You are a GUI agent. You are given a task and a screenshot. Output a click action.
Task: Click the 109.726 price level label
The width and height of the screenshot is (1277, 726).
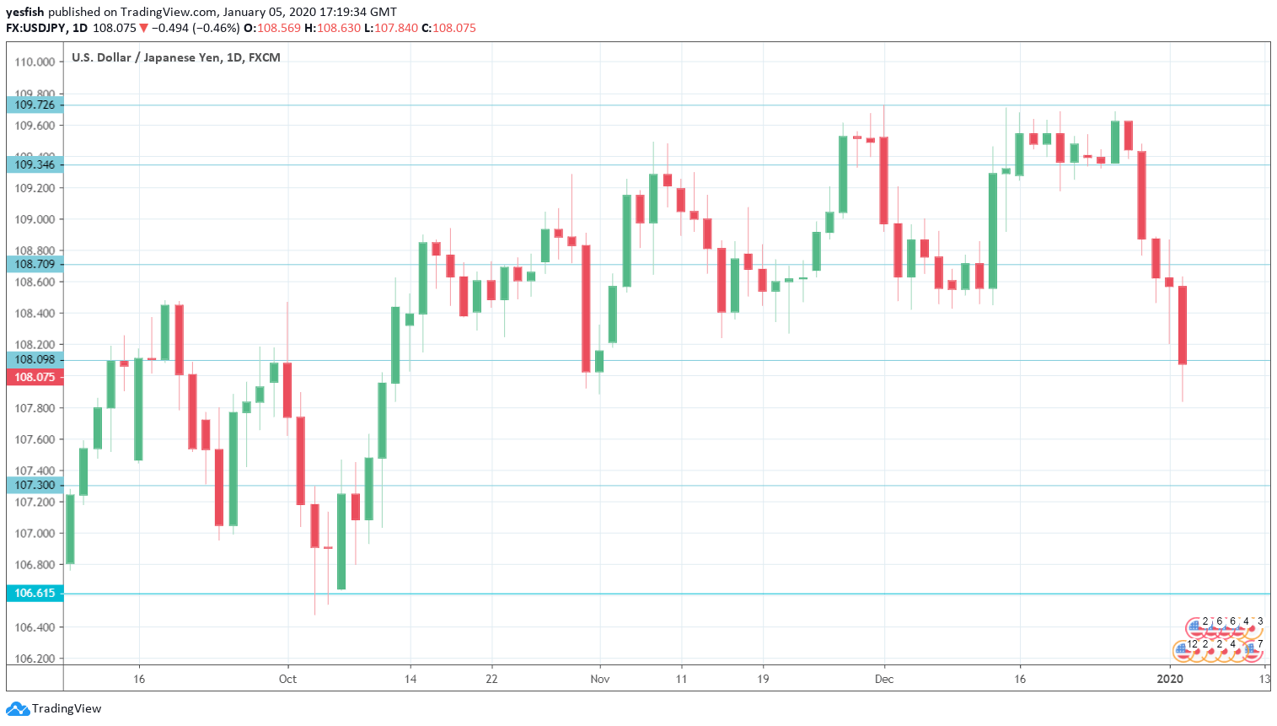click(35, 105)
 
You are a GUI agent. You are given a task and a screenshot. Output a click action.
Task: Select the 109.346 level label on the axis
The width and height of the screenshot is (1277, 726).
click(35, 164)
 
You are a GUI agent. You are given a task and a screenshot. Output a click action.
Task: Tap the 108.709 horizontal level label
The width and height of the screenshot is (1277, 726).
click(35, 264)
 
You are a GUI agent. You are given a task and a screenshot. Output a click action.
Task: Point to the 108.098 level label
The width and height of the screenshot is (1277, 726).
click(35, 360)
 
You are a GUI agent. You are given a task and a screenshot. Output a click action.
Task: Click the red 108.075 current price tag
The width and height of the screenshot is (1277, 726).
click(35, 377)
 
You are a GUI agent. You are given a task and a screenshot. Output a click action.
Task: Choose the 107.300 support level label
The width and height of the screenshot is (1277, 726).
click(35, 485)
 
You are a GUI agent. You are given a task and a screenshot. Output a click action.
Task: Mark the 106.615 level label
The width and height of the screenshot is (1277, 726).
click(35, 593)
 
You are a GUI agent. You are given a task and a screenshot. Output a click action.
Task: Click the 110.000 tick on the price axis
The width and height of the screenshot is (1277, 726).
click(35, 62)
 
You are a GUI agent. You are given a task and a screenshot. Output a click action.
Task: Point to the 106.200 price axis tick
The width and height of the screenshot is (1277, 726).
click(35, 659)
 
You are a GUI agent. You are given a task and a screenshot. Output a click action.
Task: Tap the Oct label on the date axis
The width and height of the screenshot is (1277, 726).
click(287, 679)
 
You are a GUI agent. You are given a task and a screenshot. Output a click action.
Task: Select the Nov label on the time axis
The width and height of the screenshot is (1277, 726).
click(599, 679)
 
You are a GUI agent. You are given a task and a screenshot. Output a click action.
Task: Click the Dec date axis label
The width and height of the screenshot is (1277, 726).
click(884, 679)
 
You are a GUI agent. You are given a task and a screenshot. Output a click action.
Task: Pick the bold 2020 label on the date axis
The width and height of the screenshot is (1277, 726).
click(1169, 679)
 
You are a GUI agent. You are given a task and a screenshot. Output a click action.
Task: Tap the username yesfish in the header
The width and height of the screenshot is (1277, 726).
click(25, 12)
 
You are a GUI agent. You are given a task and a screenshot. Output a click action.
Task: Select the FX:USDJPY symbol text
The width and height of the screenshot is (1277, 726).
click(35, 28)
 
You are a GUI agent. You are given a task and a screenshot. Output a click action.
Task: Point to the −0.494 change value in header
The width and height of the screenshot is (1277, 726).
click(169, 28)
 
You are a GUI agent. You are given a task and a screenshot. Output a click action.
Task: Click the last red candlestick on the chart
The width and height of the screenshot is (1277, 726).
click(1183, 325)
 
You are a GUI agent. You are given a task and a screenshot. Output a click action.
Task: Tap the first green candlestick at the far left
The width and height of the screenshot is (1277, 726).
click(70, 530)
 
